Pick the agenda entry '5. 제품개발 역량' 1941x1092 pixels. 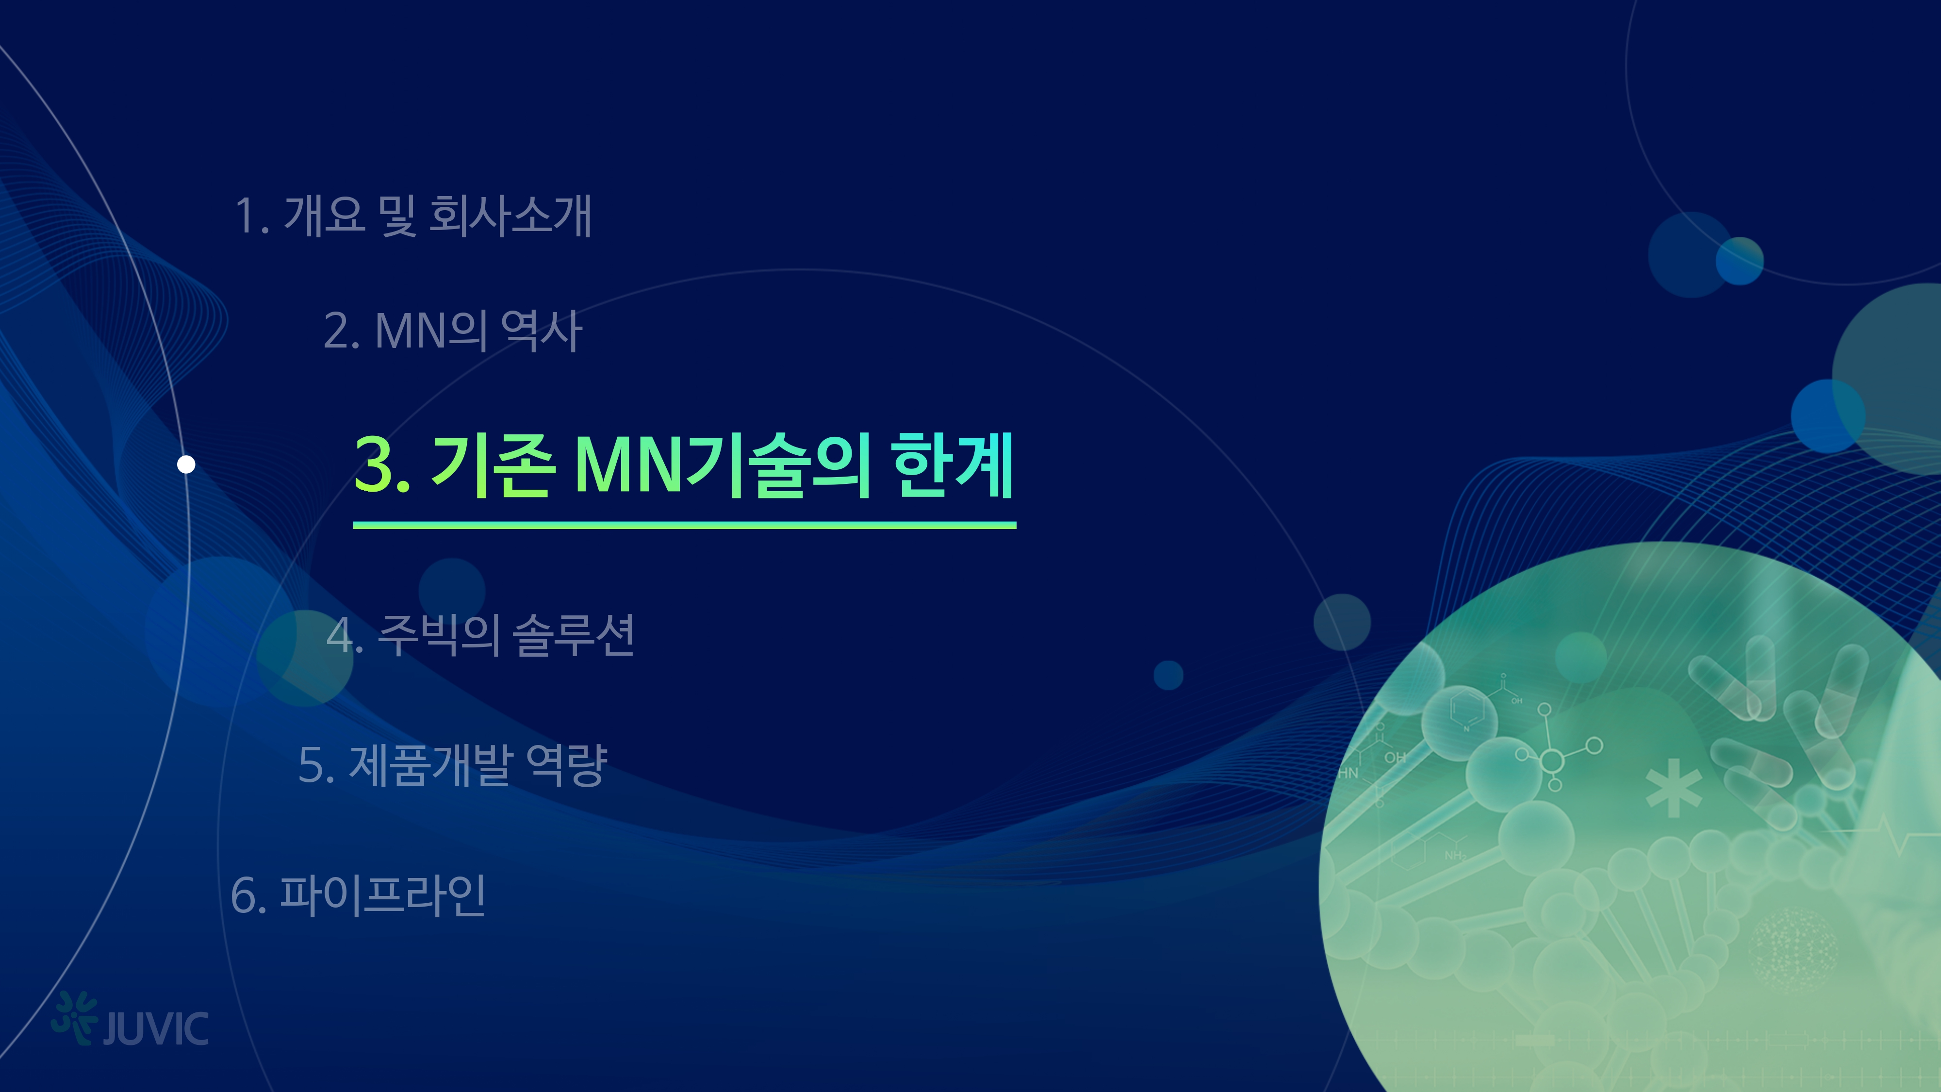coord(453,764)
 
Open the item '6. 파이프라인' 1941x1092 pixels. coord(359,895)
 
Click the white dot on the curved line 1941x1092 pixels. coord(186,464)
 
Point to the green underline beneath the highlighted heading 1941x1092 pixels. coord(684,525)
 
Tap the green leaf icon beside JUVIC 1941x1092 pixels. coord(75,1017)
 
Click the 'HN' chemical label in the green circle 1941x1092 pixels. coord(1348,773)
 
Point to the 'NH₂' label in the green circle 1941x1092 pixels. coord(1454,855)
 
